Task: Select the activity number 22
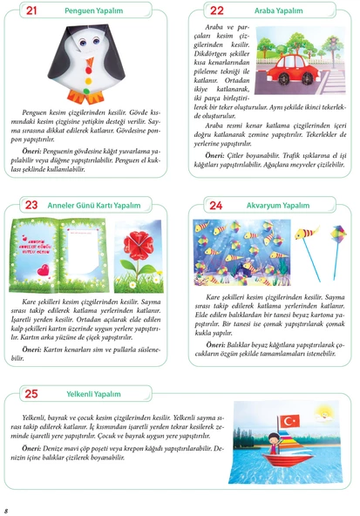click(x=217, y=11)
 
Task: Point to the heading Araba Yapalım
click(x=277, y=12)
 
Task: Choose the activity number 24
click(x=217, y=205)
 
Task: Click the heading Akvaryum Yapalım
click(x=279, y=206)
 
